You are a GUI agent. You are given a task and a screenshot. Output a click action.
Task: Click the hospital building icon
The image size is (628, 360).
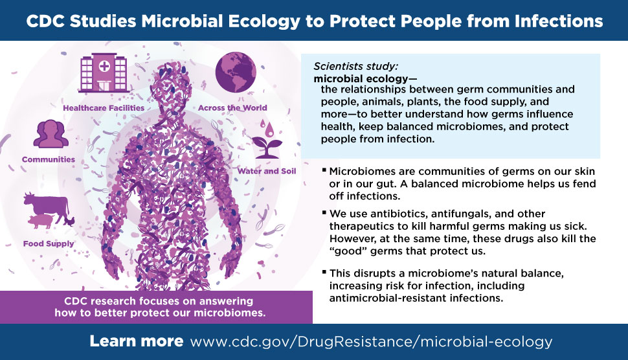click(x=104, y=73)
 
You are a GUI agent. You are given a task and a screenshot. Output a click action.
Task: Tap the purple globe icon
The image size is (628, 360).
click(x=236, y=73)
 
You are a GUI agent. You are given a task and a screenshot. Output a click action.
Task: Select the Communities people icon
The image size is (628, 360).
click(x=51, y=134)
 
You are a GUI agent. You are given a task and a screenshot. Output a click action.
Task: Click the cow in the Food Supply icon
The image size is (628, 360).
click(x=47, y=206)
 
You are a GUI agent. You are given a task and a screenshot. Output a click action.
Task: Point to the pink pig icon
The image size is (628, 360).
click(x=41, y=221)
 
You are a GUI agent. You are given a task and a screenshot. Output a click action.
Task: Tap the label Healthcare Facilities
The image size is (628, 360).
click(x=104, y=107)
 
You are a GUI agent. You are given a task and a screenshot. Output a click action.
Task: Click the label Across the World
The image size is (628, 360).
click(x=232, y=107)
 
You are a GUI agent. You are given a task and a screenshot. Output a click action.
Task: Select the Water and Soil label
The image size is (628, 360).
click(x=266, y=171)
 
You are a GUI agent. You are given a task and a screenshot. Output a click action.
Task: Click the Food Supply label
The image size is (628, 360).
click(x=49, y=243)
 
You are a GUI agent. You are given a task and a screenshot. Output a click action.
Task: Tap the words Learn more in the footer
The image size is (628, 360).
click(x=137, y=341)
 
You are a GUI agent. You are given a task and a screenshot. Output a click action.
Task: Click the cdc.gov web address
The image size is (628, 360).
click(x=371, y=342)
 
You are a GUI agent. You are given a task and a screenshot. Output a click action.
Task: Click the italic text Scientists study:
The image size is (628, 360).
click(x=356, y=66)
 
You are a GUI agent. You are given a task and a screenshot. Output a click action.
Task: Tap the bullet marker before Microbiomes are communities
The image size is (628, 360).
click(x=324, y=170)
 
